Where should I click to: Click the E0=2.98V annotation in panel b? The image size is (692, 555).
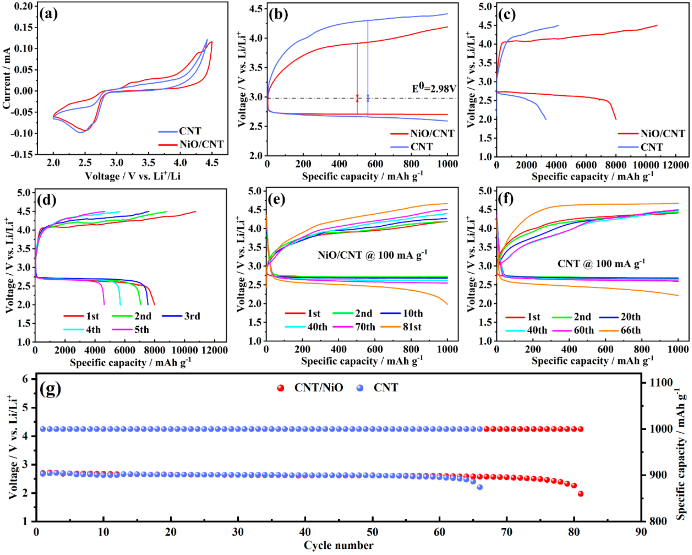tap(434, 88)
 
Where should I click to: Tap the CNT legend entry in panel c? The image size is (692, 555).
tap(652, 147)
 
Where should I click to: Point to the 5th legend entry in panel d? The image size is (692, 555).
tap(141, 330)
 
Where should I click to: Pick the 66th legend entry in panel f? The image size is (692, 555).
tap(630, 330)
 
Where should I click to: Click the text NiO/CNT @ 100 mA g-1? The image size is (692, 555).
tap(372, 255)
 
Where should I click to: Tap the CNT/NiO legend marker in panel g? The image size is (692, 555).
tap(280, 388)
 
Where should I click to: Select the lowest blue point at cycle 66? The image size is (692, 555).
tap(480, 487)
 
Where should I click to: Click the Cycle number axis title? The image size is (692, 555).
tap(338, 545)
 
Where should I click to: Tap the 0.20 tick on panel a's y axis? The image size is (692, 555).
tap(23, 6)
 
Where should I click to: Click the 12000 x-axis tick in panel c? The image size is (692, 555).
tap(676, 165)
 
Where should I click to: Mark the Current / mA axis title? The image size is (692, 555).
tap(6, 78)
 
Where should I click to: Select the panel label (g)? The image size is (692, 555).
tap(50, 389)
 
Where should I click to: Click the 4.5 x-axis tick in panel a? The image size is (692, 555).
tap(211, 163)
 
